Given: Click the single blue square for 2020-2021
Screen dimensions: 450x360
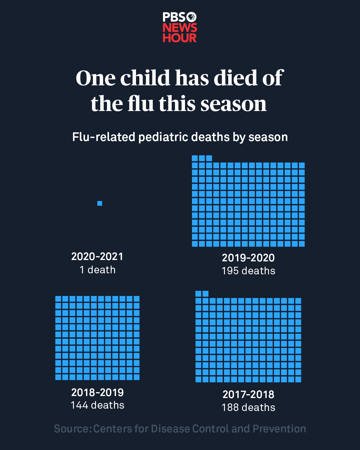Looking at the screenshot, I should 100,203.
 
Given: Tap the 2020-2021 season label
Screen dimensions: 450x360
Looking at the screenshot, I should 97,256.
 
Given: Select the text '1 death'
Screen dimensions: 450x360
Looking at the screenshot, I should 97,270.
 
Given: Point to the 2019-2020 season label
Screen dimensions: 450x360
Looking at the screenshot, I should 248,258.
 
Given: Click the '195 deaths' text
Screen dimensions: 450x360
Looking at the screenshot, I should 248,271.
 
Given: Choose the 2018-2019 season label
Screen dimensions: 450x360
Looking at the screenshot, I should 97,392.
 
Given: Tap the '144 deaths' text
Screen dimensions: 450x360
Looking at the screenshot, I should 97,405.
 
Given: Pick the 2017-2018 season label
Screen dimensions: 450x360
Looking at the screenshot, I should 248,394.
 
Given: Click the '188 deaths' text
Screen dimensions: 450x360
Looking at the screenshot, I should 248,407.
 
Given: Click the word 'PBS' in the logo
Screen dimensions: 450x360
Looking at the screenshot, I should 174,17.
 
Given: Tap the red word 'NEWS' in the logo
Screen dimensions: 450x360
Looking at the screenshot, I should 180,28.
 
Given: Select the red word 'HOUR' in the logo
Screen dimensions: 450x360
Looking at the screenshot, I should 180,38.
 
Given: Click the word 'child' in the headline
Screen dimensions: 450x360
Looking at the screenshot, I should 145,78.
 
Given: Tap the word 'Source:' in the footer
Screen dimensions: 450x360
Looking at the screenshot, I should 72,429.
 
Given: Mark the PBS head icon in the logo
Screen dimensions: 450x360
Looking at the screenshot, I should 192,17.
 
